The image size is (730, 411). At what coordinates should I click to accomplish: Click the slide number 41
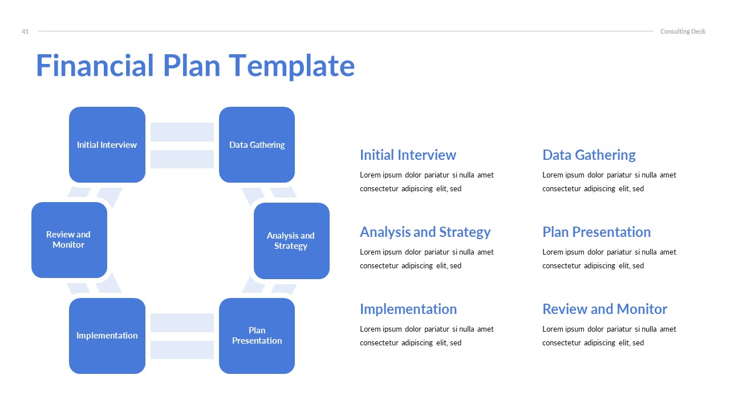pos(25,31)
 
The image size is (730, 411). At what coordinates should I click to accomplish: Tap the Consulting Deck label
pos(683,31)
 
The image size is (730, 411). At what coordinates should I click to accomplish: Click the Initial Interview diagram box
pos(107,145)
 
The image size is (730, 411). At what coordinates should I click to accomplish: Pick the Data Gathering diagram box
pos(257,145)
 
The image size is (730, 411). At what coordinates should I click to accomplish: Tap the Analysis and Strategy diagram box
pos(291,241)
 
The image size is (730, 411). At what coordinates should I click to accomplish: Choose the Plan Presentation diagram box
pos(257,336)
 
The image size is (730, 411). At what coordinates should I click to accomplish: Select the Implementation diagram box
pos(107,336)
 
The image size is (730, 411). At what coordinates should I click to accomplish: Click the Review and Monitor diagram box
pos(69,240)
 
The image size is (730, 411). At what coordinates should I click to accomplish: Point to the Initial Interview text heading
pos(408,155)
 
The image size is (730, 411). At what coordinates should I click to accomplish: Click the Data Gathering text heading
pos(589,155)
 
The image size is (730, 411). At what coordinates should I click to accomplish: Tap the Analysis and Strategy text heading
pos(425,232)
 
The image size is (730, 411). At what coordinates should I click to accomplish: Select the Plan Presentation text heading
pos(596,232)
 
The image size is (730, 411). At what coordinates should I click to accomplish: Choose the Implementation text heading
pos(408,309)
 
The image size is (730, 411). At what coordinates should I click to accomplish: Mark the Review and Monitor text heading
pos(605,309)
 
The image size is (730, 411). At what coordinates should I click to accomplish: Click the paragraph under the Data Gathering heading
pos(609,182)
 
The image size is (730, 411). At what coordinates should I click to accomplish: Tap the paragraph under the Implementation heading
pos(427,336)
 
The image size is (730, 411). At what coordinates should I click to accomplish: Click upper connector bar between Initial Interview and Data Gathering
pos(182,132)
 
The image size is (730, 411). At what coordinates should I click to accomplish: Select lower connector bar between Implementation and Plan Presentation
pos(182,350)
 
